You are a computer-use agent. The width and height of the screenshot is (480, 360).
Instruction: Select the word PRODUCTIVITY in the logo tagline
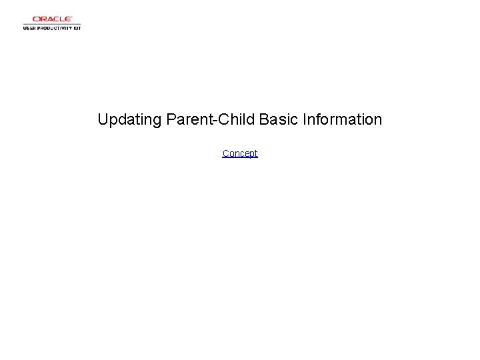[55, 29]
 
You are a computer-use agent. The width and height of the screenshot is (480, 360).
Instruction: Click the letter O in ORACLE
[36, 19]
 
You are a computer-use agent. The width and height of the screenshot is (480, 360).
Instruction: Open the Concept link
[240, 153]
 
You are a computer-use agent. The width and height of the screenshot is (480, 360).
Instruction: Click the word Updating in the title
[129, 120]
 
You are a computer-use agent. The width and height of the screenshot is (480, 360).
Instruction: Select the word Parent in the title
[187, 120]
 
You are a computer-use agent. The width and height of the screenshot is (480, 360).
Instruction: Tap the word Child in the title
[233, 120]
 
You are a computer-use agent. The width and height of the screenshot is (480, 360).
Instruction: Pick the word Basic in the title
[279, 120]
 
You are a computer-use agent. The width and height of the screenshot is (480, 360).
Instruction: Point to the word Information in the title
[343, 120]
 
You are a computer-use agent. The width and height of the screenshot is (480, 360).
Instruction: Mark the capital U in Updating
[103, 120]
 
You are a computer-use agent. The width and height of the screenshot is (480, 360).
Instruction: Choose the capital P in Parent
[171, 120]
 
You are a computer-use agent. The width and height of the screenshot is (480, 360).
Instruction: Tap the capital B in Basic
[264, 120]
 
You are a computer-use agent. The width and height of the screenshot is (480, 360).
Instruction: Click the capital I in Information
[305, 120]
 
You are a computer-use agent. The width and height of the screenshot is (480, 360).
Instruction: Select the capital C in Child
[219, 120]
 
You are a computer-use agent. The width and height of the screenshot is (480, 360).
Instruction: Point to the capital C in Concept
[226, 153]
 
